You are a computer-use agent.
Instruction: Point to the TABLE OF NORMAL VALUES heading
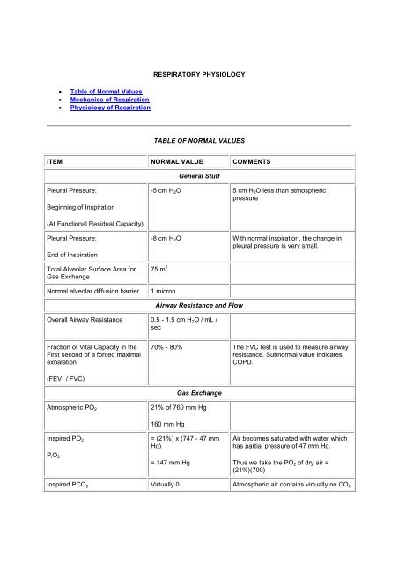(199, 139)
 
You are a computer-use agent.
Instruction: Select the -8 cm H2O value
(167, 239)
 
